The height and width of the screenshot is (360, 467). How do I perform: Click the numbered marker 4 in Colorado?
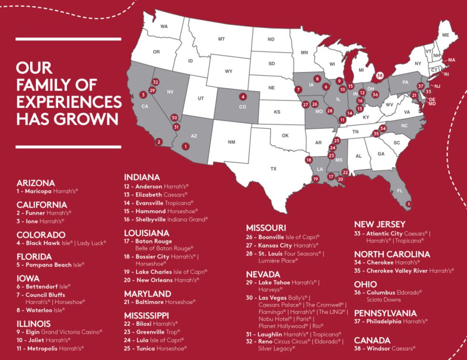point(243,96)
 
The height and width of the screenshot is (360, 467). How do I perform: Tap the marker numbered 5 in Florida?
point(408,204)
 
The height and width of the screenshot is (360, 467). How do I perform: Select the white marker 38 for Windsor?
point(380,75)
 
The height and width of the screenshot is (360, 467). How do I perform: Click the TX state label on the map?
point(273,169)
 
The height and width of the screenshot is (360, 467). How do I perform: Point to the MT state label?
point(221,39)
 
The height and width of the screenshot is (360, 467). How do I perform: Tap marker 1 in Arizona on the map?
point(185,147)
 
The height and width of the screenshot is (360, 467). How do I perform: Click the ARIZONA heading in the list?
point(35,183)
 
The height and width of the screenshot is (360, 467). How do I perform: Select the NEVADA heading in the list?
point(263,274)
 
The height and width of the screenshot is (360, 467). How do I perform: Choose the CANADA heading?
point(372,340)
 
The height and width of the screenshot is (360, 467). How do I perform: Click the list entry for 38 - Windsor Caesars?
point(385,349)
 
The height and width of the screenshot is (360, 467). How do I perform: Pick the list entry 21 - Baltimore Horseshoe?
point(160,302)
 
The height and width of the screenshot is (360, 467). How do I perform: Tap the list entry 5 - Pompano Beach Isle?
point(50,265)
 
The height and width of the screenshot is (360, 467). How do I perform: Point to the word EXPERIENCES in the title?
point(69,102)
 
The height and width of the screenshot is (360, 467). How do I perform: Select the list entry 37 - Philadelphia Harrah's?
point(391,321)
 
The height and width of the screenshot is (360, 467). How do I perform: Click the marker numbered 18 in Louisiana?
point(309,160)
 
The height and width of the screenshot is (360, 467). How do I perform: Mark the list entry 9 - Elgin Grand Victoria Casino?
point(59,332)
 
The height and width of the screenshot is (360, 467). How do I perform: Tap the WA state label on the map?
point(164,27)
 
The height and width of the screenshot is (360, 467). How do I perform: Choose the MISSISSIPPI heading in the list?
point(146,315)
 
